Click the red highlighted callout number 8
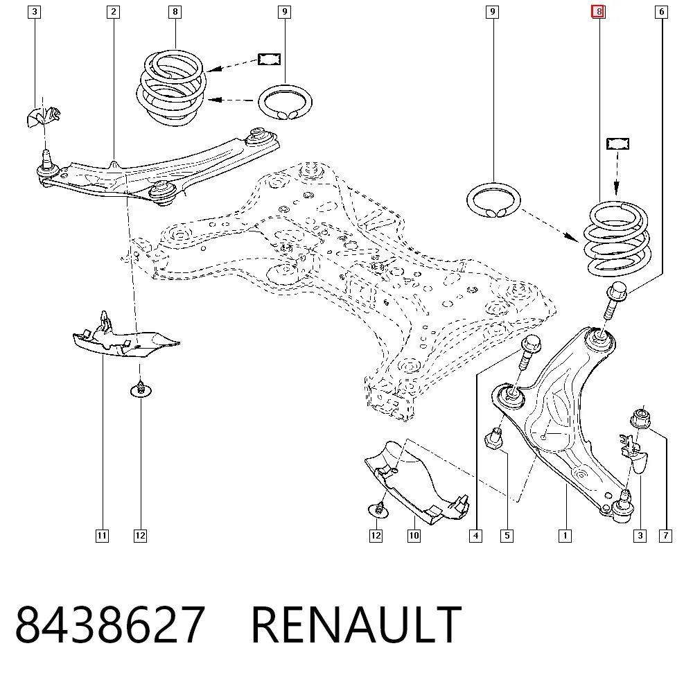click(x=599, y=12)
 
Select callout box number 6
click(x=661, y=12)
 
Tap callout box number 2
click(x=114, y=12)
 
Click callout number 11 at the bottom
click(x=102, y=536)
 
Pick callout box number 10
click(x=414, y=536)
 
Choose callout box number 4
click(x=475, y=536)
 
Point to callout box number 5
click(x=507, y=536)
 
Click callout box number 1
click(x=565, y=536)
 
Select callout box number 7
click(x=665, y=536)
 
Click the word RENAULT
click(x=356, y=624)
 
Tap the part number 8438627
click(x=110, y=624)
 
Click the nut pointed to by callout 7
click(x=640, y=418)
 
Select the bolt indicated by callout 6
click(x=614, y=301)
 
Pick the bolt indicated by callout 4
click(x=529, y=353)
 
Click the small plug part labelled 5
click(x=493, y=438)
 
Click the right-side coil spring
click(x=617, y=238)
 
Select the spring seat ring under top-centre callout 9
click(x=285, y=102)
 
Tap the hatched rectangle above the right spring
click(x=617, y=143)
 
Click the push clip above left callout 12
click(x=141, y=390)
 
